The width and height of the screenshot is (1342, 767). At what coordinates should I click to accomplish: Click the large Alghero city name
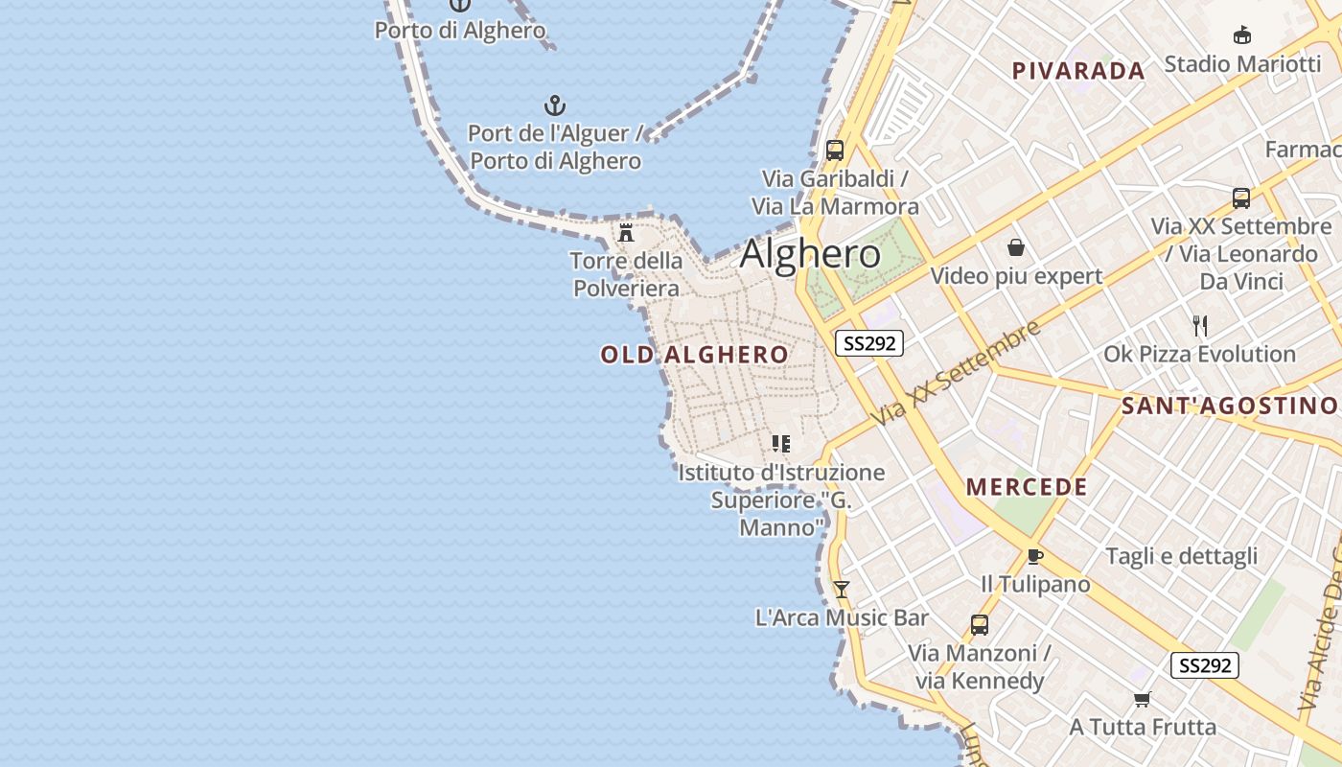pyautogui.click(x=810, y=254)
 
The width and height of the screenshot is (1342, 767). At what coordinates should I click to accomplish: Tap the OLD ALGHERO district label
pyautogui.click(x=694, y=355)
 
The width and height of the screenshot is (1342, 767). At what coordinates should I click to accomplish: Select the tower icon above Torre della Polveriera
pyautogui.click(x=626, y=232)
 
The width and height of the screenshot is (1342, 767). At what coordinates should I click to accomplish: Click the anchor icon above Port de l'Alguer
pyautogui.click(x=555, y=105)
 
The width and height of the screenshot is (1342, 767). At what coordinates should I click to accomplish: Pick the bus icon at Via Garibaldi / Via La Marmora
pyautogui.click(x=834, y=150)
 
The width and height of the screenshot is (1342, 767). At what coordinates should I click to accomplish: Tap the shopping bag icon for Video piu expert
pyautogui.click(x=1016, y=248)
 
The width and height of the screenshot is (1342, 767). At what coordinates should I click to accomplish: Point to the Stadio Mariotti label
pyautogui.click(x=1241, y=64)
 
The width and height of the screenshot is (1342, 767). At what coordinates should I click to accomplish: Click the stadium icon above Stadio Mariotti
pyautogui.click(x=1242, y=35)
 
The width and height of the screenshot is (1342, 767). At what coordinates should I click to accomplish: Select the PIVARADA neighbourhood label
pyautogui.click(x=1078, y=71)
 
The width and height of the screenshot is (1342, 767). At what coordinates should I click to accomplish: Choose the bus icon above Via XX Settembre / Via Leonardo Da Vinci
pyautogui.click(x=1241, y=198)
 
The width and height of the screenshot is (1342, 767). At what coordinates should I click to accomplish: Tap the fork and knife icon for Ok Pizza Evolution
pyautogui.click(x=1199, y=326)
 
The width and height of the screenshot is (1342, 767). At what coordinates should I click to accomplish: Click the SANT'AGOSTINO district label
pyautogui.click(x=1229, y=406)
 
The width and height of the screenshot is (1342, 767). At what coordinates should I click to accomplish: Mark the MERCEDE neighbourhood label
pyautogui.click(x=1027, y=487)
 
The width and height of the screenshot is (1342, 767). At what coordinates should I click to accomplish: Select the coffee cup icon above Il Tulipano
pyautogui.click(x=1034, y=556)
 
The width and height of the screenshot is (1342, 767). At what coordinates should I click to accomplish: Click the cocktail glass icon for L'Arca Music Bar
pyautogui.click(x=842, y=589)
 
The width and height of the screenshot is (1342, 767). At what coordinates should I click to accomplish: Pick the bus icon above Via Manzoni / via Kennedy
pyautogui.click(x=979, y=625)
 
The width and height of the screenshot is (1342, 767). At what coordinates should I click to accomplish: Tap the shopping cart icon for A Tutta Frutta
pyautogui.click(x=1142, y=699)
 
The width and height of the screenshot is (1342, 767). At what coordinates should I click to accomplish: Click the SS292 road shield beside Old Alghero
pyautogui.click(x=868, y=343)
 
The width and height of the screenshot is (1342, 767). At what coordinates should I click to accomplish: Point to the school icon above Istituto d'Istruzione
pyautogui.click(x=781, y=444)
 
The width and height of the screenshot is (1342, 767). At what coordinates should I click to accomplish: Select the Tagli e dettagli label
pyautogui.click(x=1181, y=556)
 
